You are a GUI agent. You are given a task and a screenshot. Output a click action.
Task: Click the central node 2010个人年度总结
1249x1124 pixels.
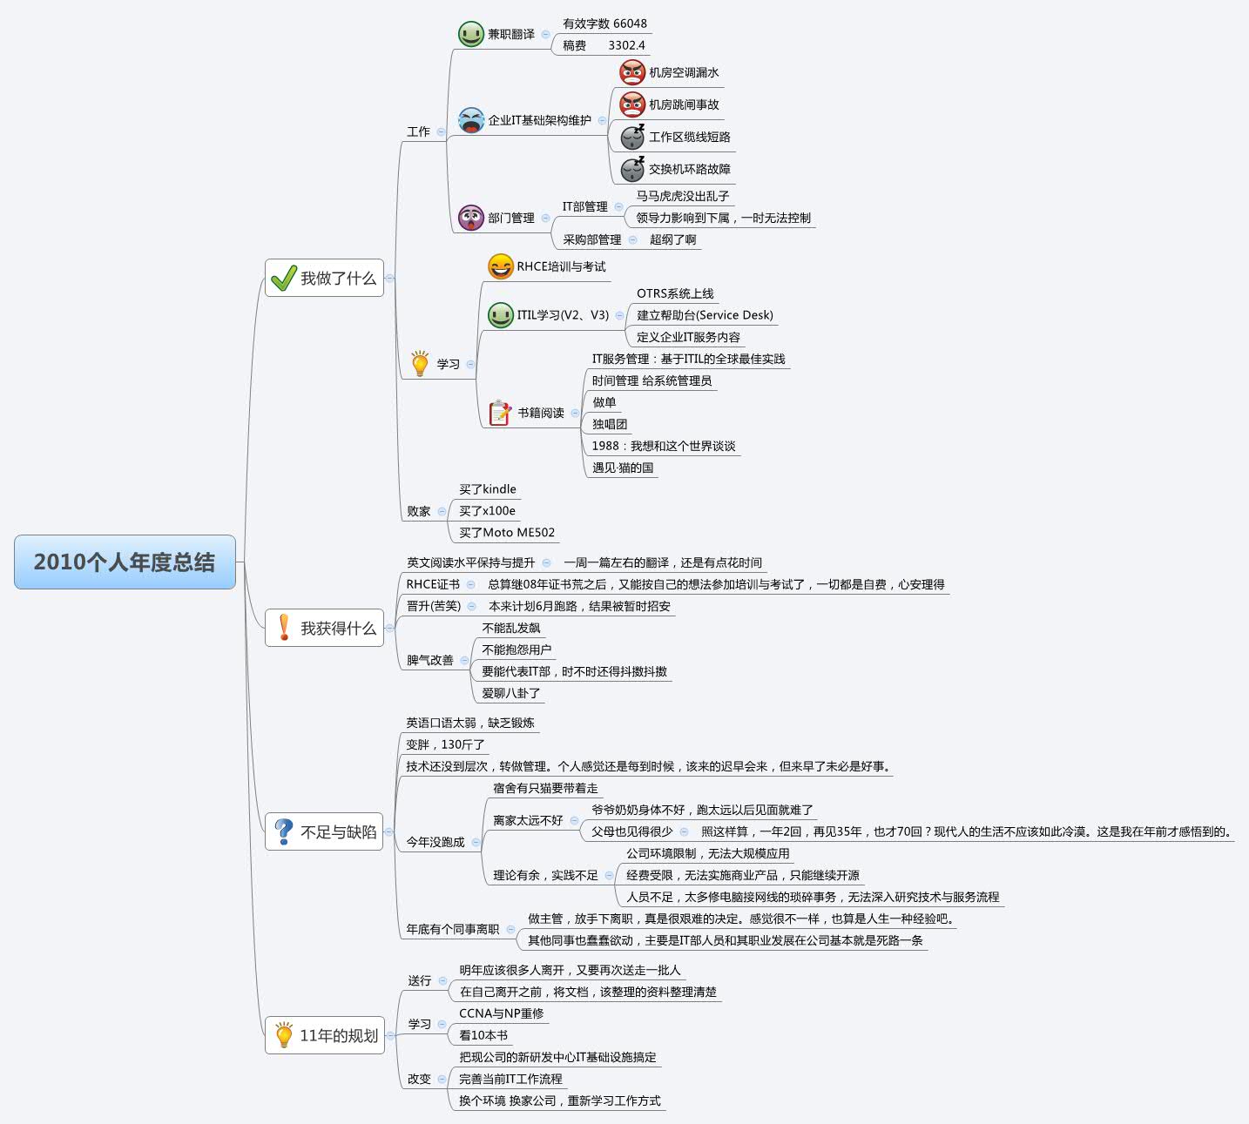pos(125,562)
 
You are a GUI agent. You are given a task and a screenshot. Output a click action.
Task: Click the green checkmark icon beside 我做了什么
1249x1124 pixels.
pos(284,278)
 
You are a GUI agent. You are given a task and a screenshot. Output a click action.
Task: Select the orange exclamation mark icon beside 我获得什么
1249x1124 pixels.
pos(284,628)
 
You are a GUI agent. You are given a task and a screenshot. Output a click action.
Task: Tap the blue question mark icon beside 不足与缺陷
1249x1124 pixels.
pos(284,831)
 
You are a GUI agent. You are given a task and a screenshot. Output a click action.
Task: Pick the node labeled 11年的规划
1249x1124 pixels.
pos(324,1035)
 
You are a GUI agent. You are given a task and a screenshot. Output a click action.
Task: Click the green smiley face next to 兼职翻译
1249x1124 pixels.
pos(470,34)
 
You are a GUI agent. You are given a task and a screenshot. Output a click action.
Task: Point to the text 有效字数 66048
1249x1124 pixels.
pos(604,24)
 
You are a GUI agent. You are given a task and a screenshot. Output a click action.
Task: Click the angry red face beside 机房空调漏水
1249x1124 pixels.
pos(632,72)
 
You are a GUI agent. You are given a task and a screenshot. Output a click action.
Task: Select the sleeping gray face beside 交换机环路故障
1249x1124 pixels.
pos(632,169)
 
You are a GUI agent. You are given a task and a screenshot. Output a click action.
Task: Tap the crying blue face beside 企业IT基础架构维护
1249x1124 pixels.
pos(470,120)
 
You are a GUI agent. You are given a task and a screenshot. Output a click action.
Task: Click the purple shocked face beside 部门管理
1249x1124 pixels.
pos(470,218)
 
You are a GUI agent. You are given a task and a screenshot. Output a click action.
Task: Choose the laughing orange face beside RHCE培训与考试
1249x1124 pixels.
pos(500,266)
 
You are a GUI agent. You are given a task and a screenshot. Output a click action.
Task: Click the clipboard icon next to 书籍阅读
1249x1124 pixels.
pos(500,412)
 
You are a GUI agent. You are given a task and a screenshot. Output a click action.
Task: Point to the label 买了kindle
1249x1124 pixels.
pos(488,489)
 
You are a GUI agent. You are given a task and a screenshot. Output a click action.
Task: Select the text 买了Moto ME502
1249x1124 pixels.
pos(507,533)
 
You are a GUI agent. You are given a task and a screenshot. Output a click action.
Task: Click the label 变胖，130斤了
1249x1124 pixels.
pos(445,744)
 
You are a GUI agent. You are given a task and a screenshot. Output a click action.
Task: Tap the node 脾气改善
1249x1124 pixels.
pos(429,660)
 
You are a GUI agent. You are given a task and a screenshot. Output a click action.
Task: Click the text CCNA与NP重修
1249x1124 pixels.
pos(501,1013)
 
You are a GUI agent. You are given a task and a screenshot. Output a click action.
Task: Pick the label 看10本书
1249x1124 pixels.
pos(483,1035)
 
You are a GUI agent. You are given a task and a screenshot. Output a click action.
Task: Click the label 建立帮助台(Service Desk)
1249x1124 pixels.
pos(705,315)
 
